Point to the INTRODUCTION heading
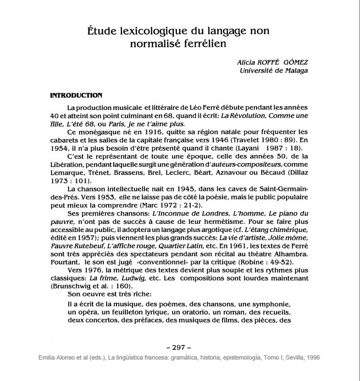[x=76, y=95]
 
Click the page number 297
[x=178, y=347]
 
